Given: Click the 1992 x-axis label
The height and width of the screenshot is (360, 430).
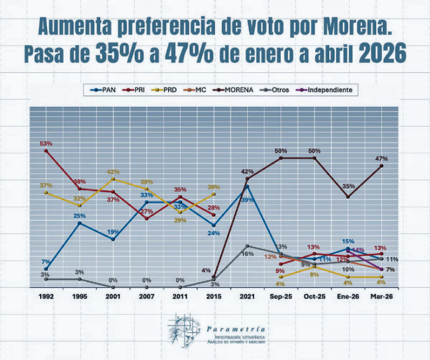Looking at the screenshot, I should [46, 297].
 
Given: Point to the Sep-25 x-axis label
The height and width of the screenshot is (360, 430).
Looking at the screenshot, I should [281, 297].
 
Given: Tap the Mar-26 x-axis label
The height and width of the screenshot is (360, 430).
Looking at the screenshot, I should [382, 297].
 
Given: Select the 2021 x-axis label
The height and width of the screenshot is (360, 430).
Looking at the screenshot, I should [247, 297].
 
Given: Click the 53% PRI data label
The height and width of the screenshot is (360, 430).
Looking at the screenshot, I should [46, 143].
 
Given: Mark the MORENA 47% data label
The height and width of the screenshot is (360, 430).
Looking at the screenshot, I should [382, 159].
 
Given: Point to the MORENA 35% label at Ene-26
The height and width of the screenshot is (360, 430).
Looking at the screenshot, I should [348, 186].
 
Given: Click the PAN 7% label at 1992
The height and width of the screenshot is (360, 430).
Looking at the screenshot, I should [46, 262].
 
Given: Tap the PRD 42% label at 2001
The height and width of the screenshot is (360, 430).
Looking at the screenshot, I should [113, 172].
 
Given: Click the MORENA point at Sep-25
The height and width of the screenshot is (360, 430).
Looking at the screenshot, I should [281, 158].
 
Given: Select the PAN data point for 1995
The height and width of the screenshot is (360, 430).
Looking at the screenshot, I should [80, 223].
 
